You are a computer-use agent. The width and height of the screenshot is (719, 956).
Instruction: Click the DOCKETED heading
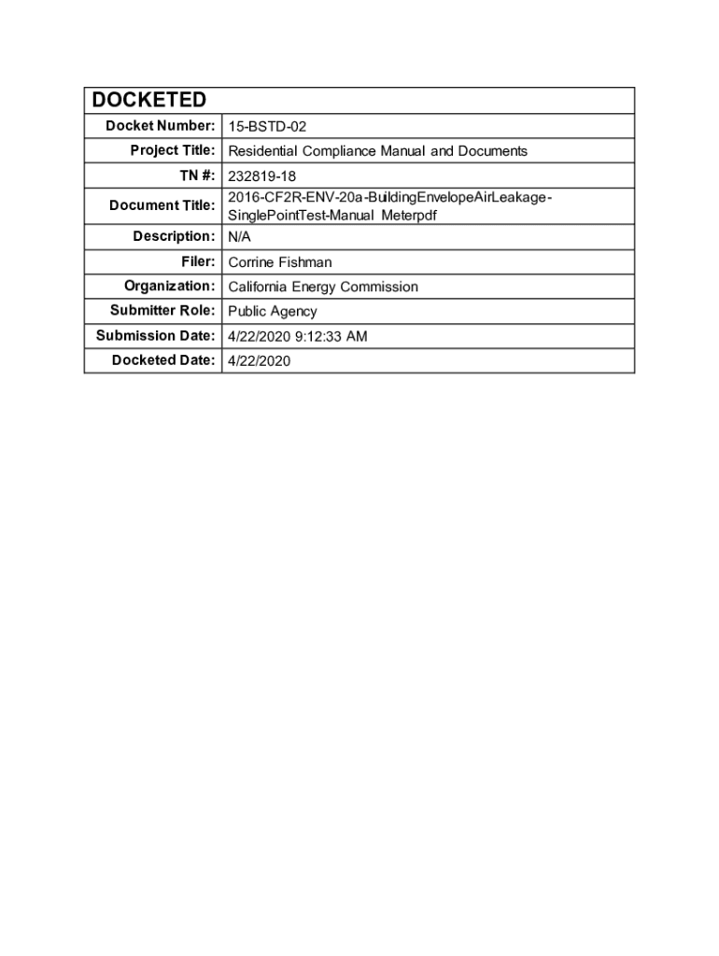coord(148,101)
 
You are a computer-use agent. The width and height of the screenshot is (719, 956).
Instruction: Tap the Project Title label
coord(173,150)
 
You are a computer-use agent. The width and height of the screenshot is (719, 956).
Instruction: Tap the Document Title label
coord(162,205)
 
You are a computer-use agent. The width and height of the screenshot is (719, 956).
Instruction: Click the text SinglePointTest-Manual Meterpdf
coord(332,215)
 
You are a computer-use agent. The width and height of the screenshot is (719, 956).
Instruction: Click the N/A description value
coord(240,237)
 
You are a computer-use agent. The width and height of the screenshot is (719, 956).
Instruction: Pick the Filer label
coord(199,262)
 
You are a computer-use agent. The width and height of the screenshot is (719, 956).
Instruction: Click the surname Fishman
coord(305,262)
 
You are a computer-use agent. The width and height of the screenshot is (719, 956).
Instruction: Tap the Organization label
coord(170,286)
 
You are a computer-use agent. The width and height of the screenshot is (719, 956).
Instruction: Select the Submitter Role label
coord(162,311)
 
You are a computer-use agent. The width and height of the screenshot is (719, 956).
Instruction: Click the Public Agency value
coord(273,312)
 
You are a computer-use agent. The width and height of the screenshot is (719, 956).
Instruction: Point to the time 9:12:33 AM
coord(331,336)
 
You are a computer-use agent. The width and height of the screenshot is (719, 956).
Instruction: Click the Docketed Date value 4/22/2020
coord(260,360)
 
